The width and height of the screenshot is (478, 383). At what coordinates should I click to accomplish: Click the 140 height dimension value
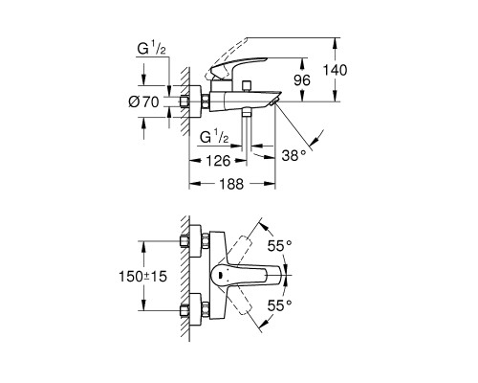[x=335, y=70]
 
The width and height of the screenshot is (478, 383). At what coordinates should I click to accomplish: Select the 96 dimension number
[x=302, y=80]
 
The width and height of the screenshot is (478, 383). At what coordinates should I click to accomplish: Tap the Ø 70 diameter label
[x=143, y=102]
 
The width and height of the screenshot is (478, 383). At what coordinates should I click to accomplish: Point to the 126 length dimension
[x=218, y=161]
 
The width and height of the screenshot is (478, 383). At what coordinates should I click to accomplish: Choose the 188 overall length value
[x=231, y=184]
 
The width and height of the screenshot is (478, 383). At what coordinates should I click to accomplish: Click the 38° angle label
[x=293, y=156]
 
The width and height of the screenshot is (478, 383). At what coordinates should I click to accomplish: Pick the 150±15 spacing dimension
[x=142, y=277]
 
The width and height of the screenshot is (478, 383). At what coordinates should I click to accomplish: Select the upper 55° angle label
[x=279, y=246]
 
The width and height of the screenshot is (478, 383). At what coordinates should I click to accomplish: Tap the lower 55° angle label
[x=279, y=305]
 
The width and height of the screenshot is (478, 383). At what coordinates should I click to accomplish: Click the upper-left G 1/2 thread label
[x=151, y=50]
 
